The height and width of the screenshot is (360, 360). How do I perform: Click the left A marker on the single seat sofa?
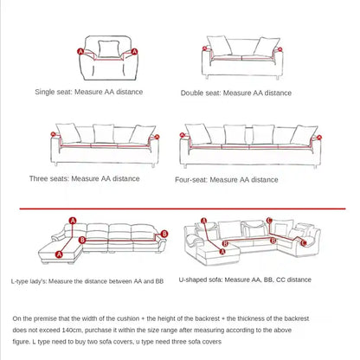click(x=81, y=52)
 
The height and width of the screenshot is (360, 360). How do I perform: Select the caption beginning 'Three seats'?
click(x=96, y=178)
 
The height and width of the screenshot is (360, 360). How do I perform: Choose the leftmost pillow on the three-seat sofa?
click(x=66, y=132)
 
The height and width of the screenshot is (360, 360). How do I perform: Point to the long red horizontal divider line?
click(x=180, y=208)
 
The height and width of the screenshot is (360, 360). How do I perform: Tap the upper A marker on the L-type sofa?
click(x=73, y=221)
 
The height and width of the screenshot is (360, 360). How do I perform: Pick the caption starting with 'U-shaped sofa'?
click(x=245, y=280)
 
